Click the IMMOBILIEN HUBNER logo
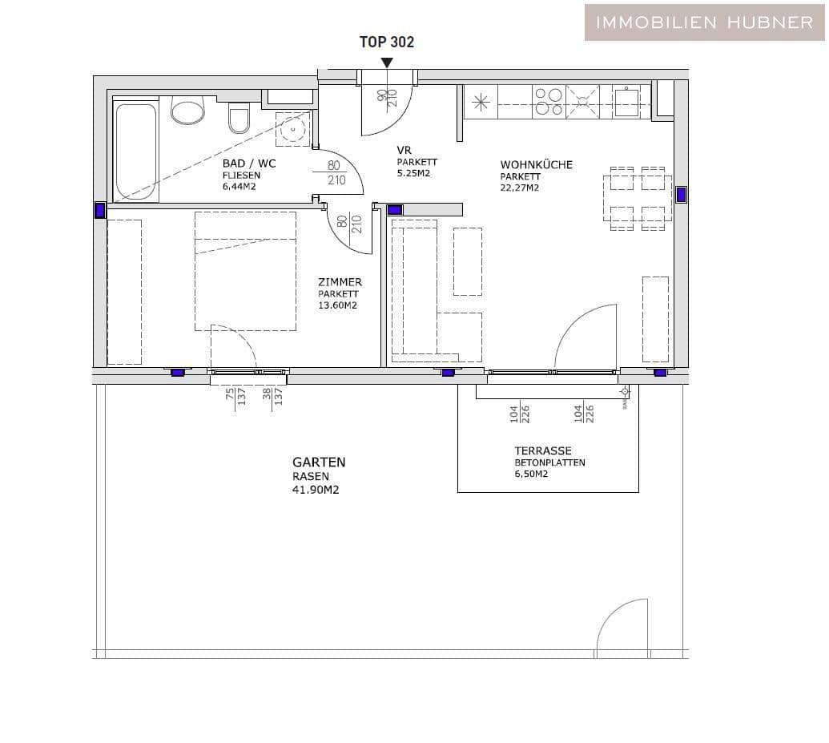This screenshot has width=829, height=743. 705,22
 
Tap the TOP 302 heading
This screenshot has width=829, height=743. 387,42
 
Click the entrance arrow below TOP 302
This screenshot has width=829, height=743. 387,62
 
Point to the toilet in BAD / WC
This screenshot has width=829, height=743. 239,119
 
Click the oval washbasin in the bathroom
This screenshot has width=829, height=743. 188,111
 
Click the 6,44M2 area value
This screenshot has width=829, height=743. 240,187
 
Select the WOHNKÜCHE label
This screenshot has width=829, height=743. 536,165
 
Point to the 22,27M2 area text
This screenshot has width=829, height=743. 520,188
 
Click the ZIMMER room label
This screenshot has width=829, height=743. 340,282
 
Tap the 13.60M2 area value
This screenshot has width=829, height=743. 337,305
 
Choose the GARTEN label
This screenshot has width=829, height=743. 319,462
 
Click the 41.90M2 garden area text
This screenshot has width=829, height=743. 316,490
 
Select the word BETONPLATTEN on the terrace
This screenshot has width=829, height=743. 549,462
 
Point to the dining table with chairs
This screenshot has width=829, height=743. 638,198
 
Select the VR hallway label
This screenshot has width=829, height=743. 404,151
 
